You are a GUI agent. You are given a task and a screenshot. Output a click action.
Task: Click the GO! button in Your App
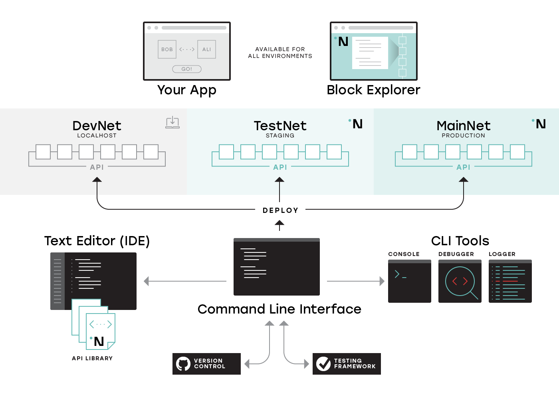click(x=187, y=69)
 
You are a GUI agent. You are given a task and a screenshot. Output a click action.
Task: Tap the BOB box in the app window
click(x=167, y=50)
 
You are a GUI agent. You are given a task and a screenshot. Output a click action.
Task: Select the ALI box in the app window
click(x=206, y=50)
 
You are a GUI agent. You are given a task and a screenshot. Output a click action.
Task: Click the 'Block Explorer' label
click(x=373, y=90)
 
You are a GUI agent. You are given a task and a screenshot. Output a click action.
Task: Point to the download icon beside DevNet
click(x=172, y=122)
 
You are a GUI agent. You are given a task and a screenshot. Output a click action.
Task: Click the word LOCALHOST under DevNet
click(x=97, y=136)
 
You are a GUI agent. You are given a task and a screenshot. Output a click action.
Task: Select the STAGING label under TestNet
click(x=280, y=136)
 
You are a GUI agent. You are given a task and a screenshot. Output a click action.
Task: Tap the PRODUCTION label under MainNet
click(x=463, y=136)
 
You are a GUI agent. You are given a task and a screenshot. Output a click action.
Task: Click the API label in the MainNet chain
click(x=463, y=167)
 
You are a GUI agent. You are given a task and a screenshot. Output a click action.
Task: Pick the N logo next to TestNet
click(x=357, y=124)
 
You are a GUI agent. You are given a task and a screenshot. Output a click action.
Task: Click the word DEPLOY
click(x=280, y=210)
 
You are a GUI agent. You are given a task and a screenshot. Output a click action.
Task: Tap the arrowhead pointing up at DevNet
click(x=97, y=180)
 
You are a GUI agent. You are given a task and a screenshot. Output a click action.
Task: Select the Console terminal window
click(x=410, y=281)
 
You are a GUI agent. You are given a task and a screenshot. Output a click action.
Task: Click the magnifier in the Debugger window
click(x=460, y=282)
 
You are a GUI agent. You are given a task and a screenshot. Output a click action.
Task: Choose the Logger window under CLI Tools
click(x=510, y=281)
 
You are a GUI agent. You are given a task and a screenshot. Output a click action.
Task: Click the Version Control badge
click(x=206, y=364)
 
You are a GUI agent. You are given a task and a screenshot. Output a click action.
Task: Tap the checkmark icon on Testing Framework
click(x=323, y=364)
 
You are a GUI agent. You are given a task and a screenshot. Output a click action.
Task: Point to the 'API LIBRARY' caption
click(x=92, y=358)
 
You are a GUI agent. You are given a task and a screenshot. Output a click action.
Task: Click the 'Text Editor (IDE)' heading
click(x=97, y=241)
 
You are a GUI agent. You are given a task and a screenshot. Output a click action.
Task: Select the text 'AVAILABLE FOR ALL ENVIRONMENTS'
click(x=280, y=53)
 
